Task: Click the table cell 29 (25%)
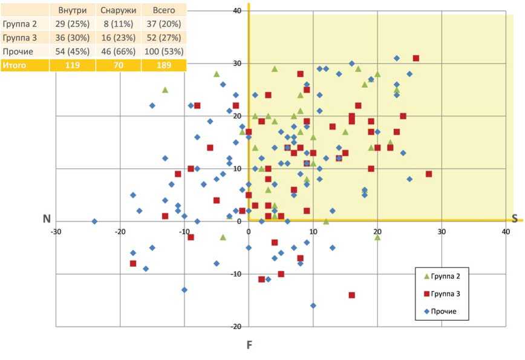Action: pyautogui.click(x=71, y=24)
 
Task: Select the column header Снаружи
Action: pyautogui.click(x=118, y=11)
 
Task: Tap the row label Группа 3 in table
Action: pyautogui.click(x=20, y=38)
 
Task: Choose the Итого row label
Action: pyautogui.click(x=15, y=65)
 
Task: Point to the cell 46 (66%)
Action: pyautogui.click(x=118, y=51)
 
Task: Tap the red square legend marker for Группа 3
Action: pyautogui.click(x=427, y=294)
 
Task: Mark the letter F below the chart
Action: pyautogui.click(x=249, y=345)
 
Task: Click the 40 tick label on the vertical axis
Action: pyautogui.click(x=237, y=11)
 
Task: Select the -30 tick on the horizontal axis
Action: pyautogui.click(x=56, y=231)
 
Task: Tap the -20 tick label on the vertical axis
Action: pyautogui.click(x=235, y=327)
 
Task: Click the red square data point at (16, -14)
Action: pyautogui.click(x=351, y=295)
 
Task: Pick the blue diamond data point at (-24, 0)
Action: pyautogui.click(x=94, y=221)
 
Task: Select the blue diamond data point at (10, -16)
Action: pyautogui.click(x=313, y=306)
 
